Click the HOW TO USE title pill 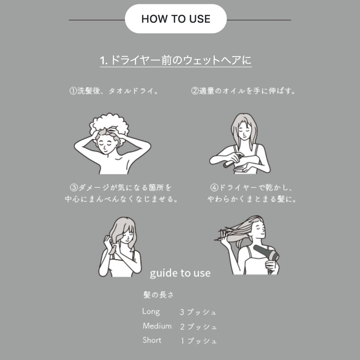pos(176,19)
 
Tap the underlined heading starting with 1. pos(176,60)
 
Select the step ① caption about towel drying pos(114,91)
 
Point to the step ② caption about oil pos(243,91)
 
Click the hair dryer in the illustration pos(266,255)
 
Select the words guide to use pos(180,273)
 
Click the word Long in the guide pos(151,312)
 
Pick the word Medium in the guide pos(157,326)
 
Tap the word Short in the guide pos(152,340)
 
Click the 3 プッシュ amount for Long pos(198,312)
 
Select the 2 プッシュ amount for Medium pos(198,326)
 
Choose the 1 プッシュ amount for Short pos(199,341)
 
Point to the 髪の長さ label pos(158,295)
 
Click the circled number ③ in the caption pos(74,188)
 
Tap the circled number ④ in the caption pos(214,188)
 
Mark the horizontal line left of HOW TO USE pos(97,20)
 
